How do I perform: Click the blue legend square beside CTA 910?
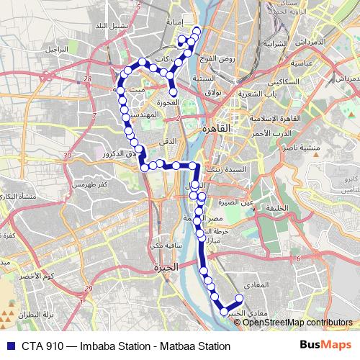click(x=9, y=346)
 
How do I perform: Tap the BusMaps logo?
click(x=325, y=346)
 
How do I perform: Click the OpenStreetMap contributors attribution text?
click(x=297, y=323)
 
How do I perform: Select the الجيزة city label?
click(x=165, y=268)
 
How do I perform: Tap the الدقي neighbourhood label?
click(x=167, y=142)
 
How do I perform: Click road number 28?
click(x=88, y=79)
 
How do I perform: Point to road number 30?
click(x=66, y=156)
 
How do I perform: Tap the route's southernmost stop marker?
click(x=224, y=311)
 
